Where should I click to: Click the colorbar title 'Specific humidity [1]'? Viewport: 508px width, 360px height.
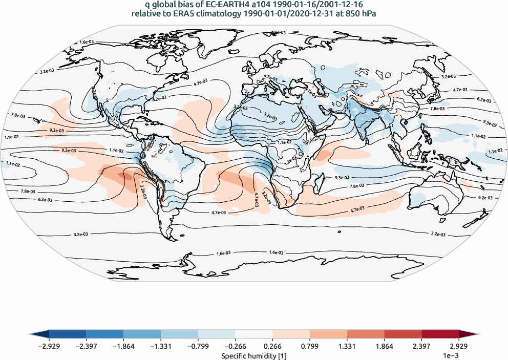click(x=253, y=355)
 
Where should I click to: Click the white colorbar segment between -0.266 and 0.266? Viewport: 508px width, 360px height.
click(x=253, y=335)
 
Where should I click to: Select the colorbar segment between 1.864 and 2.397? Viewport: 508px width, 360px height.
click(x=403, y=335)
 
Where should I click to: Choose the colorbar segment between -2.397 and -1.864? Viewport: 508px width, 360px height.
click(x=104, y=335)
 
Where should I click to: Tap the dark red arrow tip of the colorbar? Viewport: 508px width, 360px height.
click(x=469, y=335)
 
